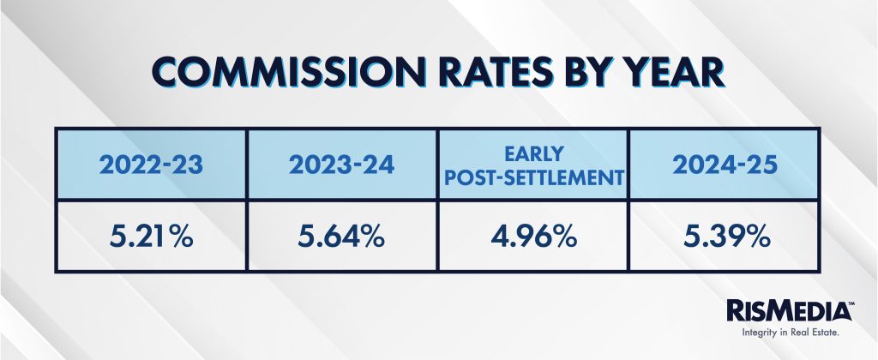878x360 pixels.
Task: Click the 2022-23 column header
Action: pos(151,165)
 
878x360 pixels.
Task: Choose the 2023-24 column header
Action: pos(342,165)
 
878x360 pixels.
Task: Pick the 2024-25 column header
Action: pos(725,165)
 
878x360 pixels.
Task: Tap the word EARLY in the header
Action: pos(532,153)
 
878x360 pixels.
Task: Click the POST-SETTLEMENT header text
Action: pos(533,178)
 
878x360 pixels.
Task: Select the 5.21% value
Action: pos(151,237)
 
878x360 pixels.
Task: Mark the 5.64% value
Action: pos(341,237)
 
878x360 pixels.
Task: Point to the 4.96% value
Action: pos(533,237)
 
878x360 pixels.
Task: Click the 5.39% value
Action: pos(727,237)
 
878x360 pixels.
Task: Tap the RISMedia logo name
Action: pos(789,311)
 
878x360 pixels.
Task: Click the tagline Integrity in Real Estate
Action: pos(790,333)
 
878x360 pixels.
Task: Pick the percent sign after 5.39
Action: pos(757,237)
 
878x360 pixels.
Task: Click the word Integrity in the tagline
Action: pos(757,333)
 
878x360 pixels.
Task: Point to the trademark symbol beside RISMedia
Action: pos(851,303)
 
